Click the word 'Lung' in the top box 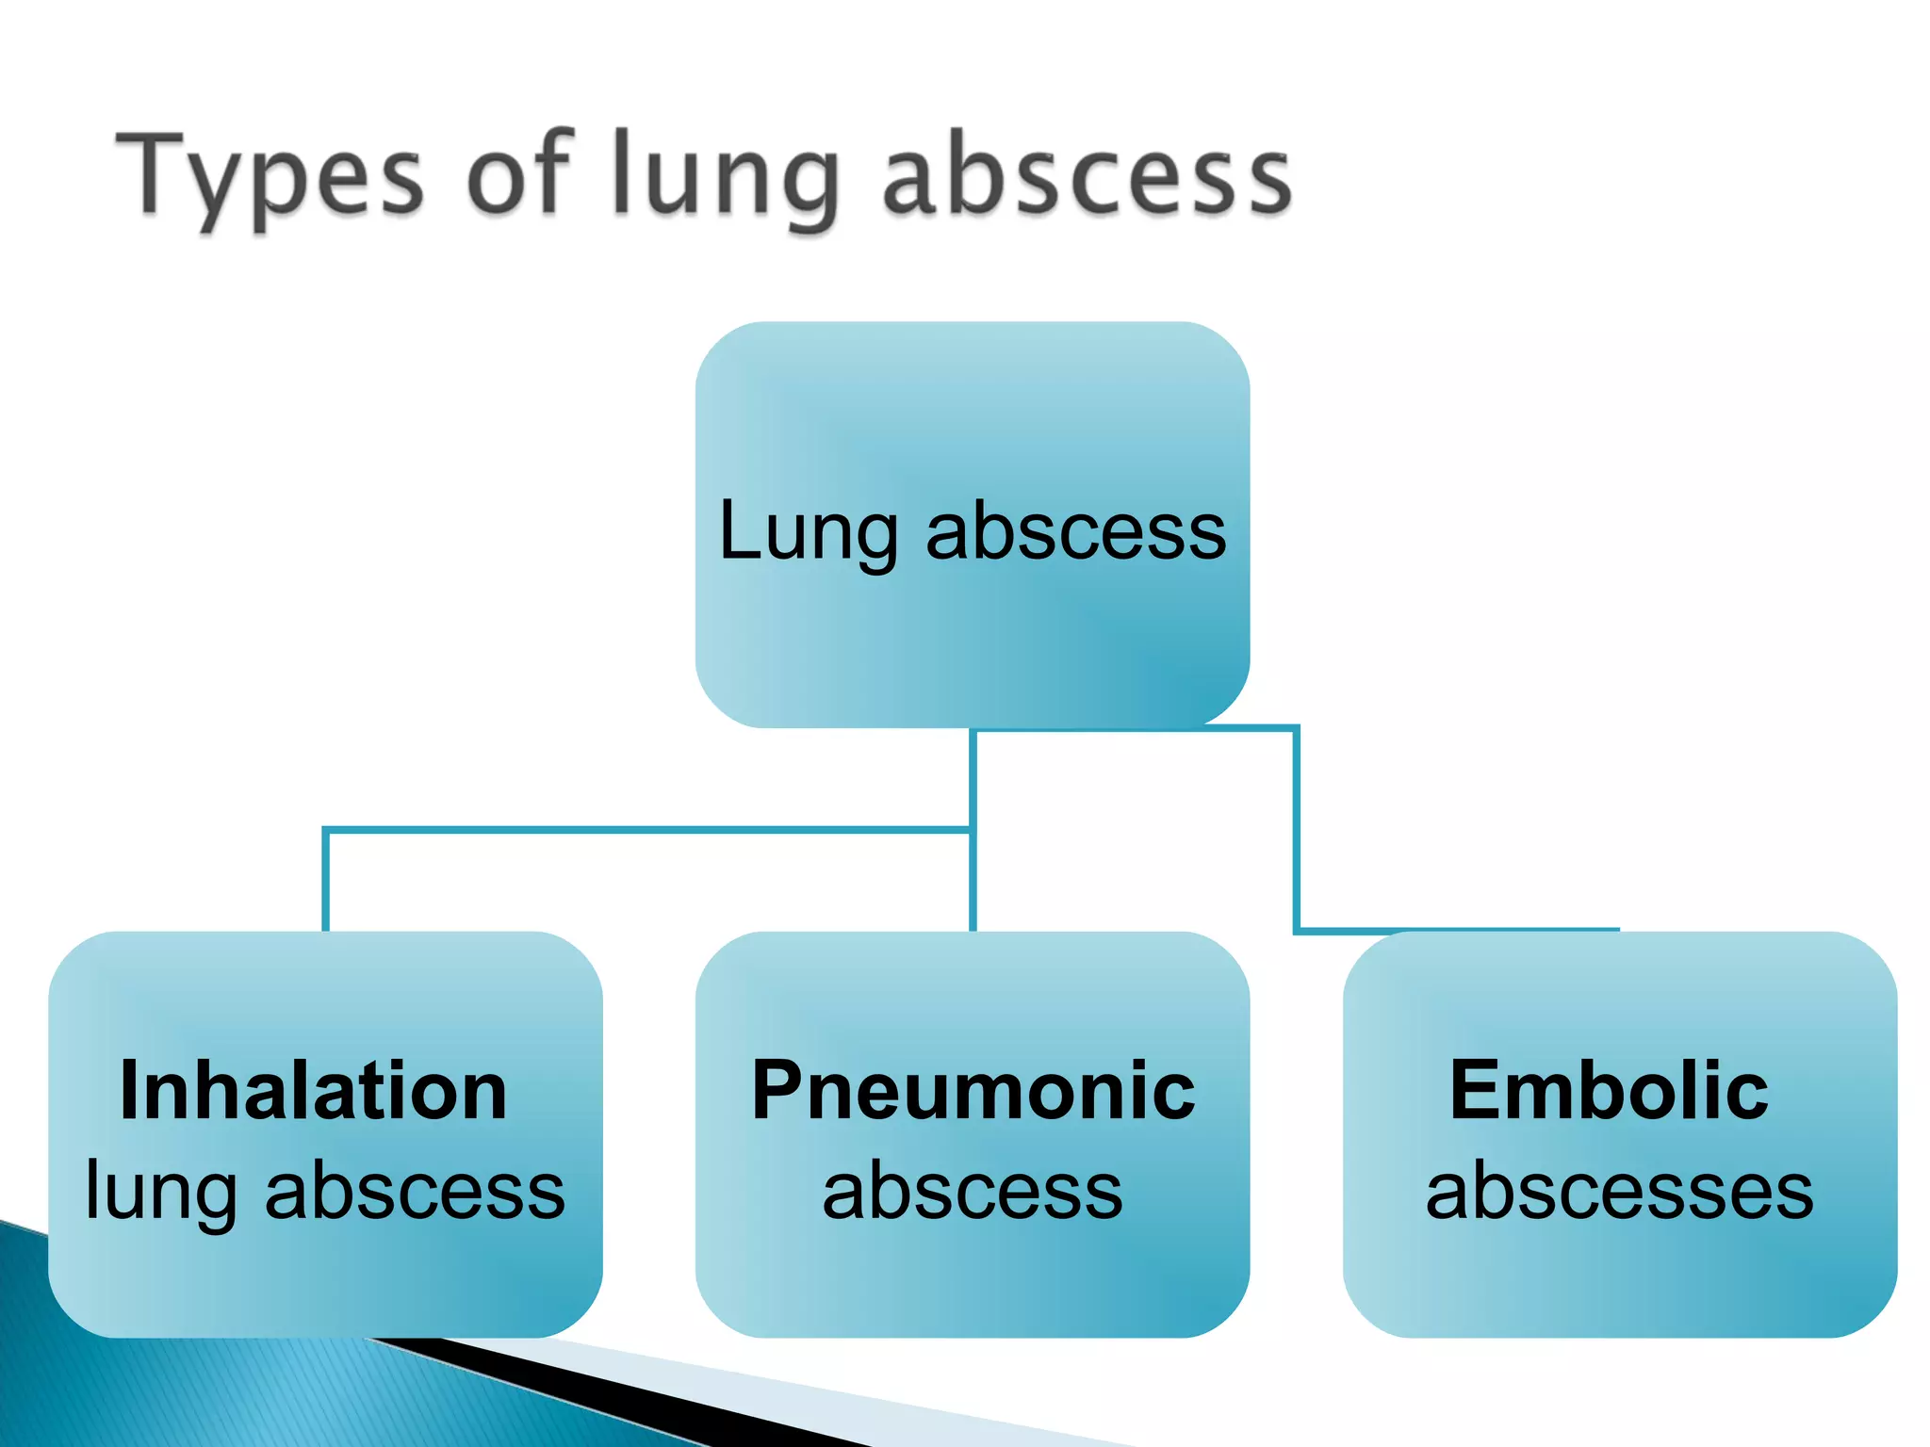pyautogui.click(x=808, y=533)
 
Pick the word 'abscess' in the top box pyautogui.click(x=1076, y=531)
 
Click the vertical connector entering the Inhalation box pyautogui.click(x=326, y=881)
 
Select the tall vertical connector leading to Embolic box pyautogui.click(x=1297, y=829)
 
